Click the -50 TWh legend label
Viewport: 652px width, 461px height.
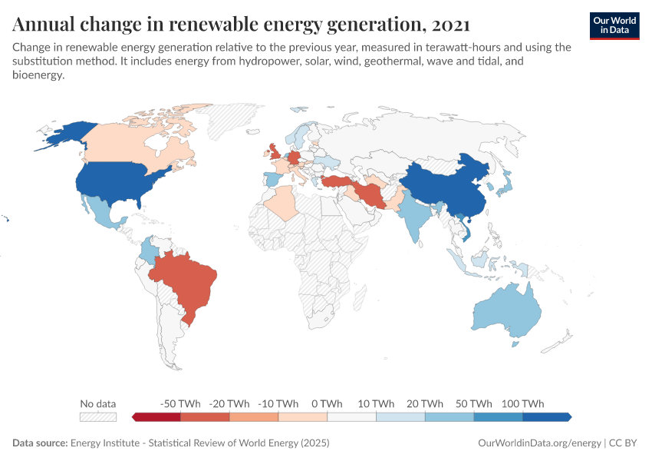click(180, 403)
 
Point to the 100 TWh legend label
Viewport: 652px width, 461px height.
click(522, 403)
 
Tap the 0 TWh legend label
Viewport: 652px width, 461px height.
click(327, 403)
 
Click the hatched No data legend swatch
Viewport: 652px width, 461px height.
click(98, 416)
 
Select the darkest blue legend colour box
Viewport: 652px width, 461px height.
click(546, 416)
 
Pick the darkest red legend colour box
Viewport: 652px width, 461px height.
click(157, 416)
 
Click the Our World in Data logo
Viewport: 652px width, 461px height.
click(614, 25)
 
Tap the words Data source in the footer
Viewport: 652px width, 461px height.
click(40, 443)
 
